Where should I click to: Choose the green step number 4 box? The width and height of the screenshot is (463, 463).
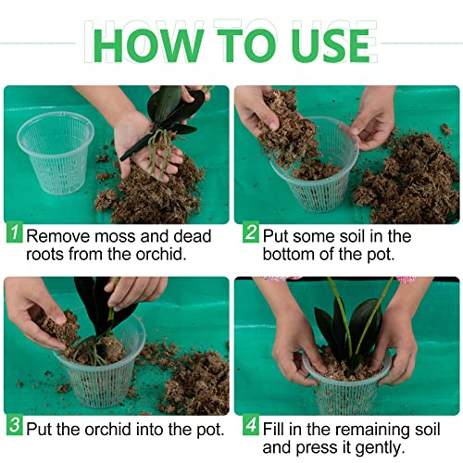tap(250, 430)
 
